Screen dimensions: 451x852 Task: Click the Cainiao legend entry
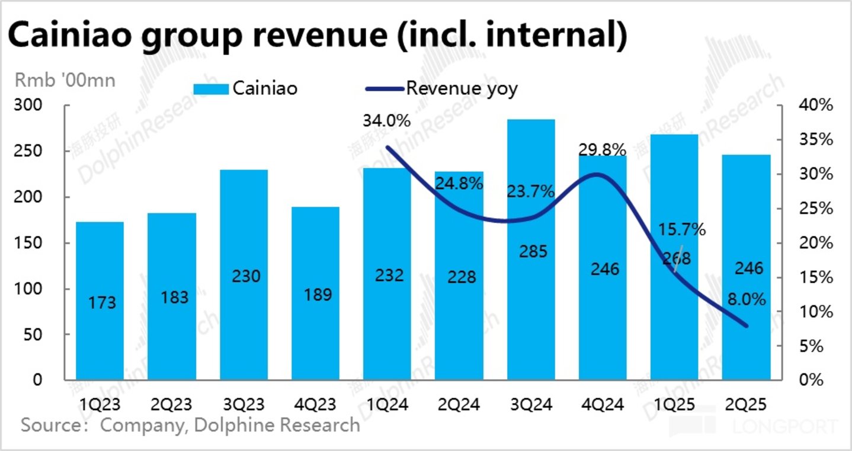[245, 89]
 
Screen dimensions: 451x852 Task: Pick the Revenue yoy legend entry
[441, 89]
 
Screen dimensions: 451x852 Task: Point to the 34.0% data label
[386, 121]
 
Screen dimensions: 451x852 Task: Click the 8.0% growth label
[747, 300]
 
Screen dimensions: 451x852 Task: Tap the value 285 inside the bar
[531, 251]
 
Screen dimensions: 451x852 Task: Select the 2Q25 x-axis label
[747, 405]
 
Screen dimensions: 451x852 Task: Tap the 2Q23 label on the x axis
[172, 405]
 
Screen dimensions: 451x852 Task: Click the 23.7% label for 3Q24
[531, 191]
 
